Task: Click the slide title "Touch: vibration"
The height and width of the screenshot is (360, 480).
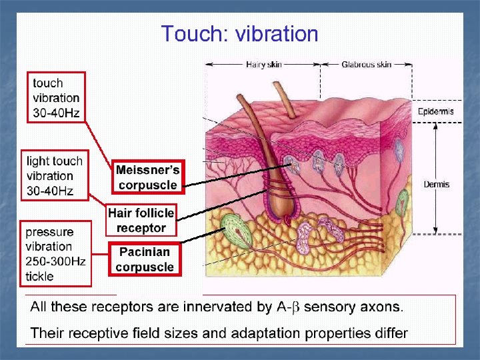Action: point(239,34)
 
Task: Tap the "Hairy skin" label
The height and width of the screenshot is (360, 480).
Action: point(263,65)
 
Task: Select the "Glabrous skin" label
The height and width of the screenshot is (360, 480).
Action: point(366,65)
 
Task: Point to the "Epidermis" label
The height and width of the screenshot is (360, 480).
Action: point(435,111)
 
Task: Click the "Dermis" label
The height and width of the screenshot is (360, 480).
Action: point(437,184)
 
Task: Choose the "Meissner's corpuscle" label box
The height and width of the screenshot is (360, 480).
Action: point(147,177)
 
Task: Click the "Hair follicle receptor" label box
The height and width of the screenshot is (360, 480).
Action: point(141,220)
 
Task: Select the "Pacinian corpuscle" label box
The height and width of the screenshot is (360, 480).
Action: point(145,259)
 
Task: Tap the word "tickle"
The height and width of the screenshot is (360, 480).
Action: point(40,276)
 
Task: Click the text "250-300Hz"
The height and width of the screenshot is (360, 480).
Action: point(56,261)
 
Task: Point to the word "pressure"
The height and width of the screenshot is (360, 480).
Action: point(49,232)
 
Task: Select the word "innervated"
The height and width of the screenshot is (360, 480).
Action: point(205,307)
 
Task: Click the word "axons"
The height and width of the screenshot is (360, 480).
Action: point(381,307)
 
